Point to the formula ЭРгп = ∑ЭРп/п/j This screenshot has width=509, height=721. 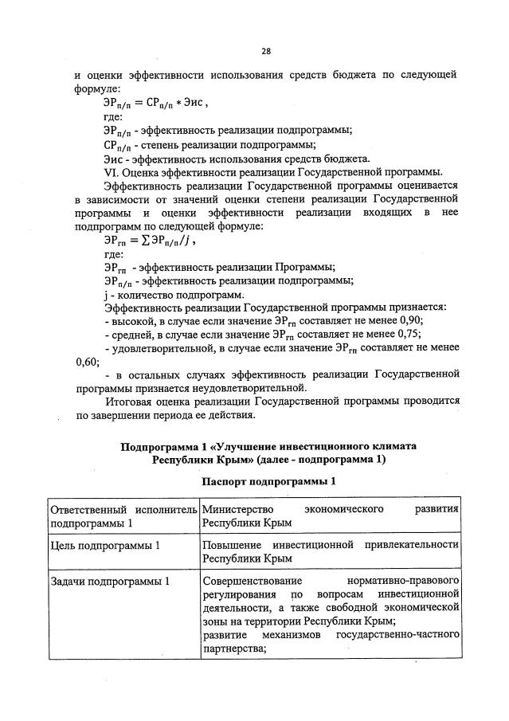point(149,239)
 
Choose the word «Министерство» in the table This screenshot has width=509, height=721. point(238,508)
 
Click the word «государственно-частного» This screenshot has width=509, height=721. point(399,635)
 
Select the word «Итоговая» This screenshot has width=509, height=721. point(128,401)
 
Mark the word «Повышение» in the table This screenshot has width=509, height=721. point(231,545)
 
